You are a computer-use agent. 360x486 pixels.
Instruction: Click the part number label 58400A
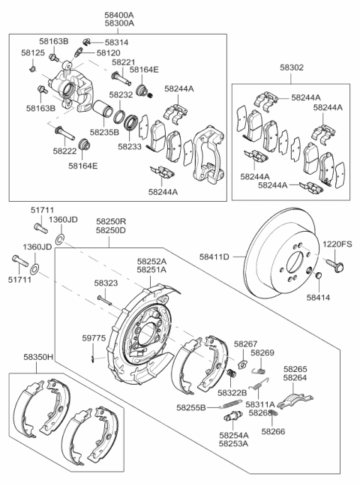(x=119, y=14)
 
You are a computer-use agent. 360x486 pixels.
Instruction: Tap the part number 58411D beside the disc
(x=214, y=257)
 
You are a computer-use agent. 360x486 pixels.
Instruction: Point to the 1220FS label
(x=337, y=244)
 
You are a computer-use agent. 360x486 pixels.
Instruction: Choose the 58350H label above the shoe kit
(x=38, y=358)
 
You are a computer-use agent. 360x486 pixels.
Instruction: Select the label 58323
(x=106, y=283)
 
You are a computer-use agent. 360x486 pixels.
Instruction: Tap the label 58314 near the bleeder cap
(x=116, y=43)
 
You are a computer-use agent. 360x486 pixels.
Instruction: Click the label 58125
(x=37, y=55)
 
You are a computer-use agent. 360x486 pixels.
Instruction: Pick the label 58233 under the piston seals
(x=130, y=147)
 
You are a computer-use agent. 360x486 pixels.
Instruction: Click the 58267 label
(x=245, y=343)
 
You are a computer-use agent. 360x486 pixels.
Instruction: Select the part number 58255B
(x=191, y=407)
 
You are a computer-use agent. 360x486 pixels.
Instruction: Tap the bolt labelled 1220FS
(x=333, y=264)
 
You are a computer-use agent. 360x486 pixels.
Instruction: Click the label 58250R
(x=111, y=222)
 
